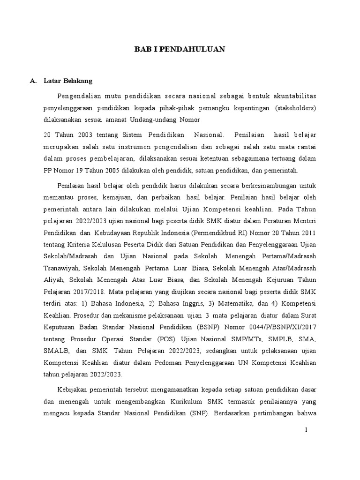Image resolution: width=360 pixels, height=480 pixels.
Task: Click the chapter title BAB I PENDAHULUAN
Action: (180, 49)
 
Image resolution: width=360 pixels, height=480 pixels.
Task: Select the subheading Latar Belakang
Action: (68, 81)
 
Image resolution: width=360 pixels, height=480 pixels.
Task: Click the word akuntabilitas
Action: (294, 96)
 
